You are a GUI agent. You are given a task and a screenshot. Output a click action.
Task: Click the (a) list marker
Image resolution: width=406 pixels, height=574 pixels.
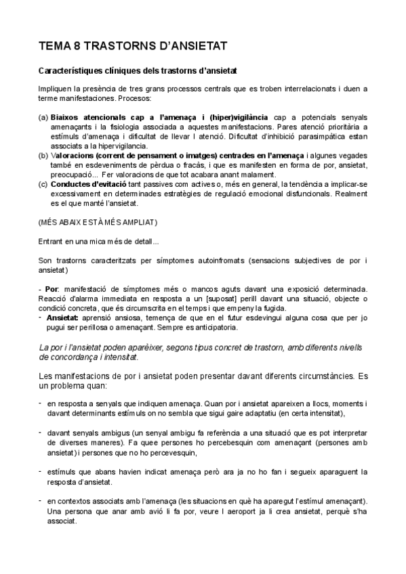(43, 117)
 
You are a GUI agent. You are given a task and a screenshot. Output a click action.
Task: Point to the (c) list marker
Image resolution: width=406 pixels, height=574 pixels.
(43, 183)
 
